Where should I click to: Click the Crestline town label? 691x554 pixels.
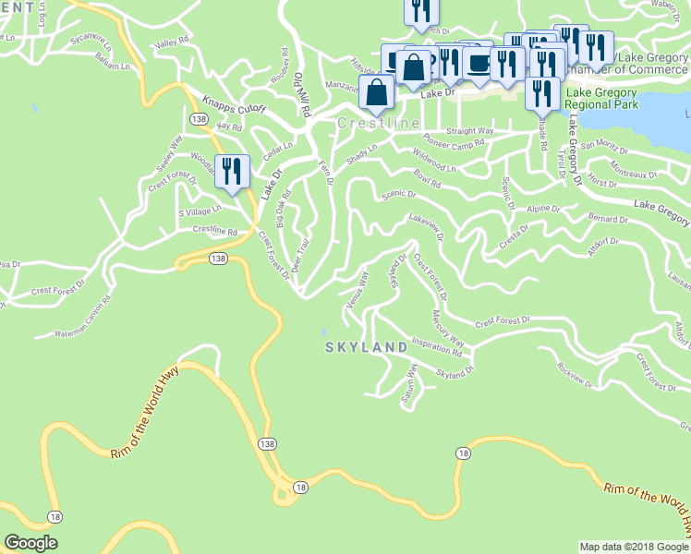[379, 124]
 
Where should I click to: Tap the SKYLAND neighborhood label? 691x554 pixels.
[367, 347]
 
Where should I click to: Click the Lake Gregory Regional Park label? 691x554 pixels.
[603, 99]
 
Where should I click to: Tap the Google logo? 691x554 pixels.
[30, 543]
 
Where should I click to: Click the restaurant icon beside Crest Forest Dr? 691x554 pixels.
[232, 171]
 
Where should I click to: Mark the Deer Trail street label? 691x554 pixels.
[298, 254]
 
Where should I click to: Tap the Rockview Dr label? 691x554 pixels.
[577, 374]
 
